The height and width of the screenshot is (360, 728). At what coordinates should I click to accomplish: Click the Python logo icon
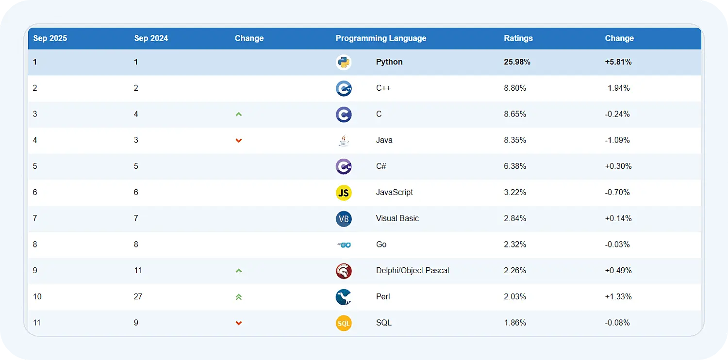[x=344, y=62]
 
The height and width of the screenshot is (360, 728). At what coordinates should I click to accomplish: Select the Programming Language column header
[x=381, y=38]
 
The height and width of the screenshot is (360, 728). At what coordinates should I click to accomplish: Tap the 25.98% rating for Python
[x=517, y=62]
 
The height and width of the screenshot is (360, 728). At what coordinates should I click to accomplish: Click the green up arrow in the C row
[x=238, y=115]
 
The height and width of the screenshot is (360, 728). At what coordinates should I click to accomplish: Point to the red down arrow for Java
[x=238, y=141]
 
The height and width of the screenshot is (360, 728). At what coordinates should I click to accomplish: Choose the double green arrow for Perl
[x=238, y=297]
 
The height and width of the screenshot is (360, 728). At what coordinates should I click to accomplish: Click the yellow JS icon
[x=344, y=193]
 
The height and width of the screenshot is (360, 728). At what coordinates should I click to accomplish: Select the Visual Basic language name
[x=397, y=218]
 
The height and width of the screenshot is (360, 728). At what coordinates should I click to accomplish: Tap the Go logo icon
[x=344, y=245]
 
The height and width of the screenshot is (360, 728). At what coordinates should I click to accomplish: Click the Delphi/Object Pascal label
[x=412, y=271]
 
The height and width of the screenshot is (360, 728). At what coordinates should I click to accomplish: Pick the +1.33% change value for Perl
[x=618, y=297]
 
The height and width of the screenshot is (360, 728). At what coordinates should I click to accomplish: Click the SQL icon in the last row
[x=344, y=323]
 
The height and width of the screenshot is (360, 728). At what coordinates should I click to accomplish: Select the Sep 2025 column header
[x=50, y=38]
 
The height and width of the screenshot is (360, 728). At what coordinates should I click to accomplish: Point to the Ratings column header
[x=518, y=38]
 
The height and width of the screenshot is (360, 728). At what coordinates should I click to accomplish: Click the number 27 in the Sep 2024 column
[x=138, y=297]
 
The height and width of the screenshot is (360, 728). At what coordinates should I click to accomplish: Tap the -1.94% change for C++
[x=617, y=88]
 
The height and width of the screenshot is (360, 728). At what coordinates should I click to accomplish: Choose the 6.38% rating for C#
[x=515, y=166]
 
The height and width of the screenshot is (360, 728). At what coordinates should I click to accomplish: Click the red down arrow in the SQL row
[x=238, y=323]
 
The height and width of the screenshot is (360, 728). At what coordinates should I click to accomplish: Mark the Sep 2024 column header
[x=151, y=38]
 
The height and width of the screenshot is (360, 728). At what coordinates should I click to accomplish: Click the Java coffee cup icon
[x=344, y=141]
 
